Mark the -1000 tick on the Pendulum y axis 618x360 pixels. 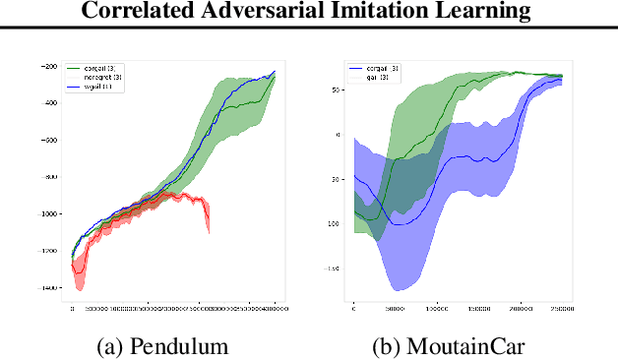pyautogui.click(x=49, y=214)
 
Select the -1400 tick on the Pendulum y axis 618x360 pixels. pyautogui.click(x=49, y=288)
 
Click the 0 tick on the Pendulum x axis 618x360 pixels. pyautogui.click(x=72, y=307)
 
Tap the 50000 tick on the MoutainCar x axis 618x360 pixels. pyautogui.click(x=395, y=307)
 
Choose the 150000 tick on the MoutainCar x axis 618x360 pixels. pyautogui.click(x=480, y=307)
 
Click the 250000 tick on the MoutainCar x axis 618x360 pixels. pyautogui.click(x=564, y=307)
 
